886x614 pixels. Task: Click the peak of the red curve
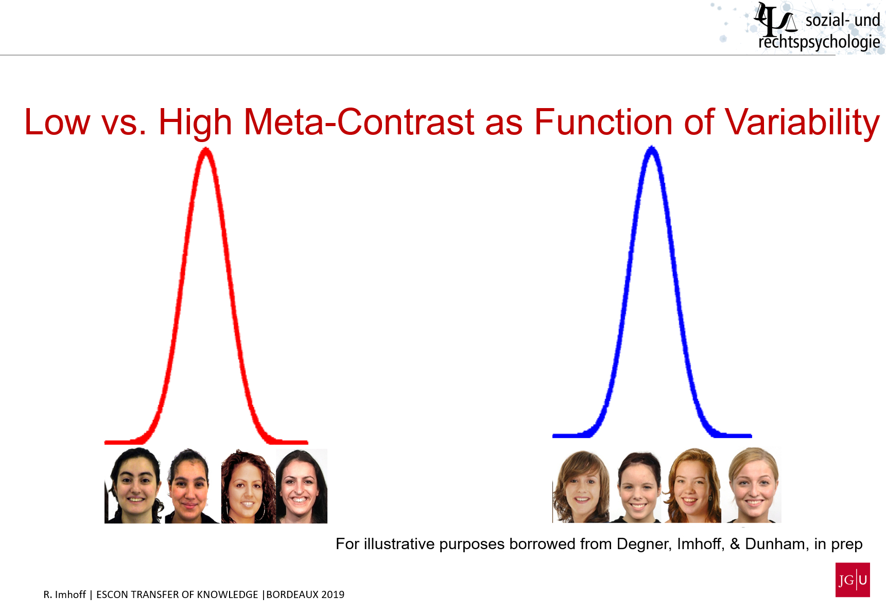[206, 150]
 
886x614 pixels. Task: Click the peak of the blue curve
[652, 149]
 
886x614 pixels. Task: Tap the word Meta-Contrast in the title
[359, 122]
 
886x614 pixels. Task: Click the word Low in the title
[57, 122]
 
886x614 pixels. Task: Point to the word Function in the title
[603, 122]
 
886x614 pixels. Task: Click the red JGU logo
[853, 580]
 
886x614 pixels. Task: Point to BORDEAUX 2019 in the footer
[305, 594]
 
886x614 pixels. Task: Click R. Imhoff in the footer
[64, 594]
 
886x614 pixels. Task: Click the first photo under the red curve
[134, 486]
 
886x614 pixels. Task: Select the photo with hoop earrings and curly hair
[247, 486]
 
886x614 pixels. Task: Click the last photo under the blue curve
[754, 485]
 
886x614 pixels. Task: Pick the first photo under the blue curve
[581, 486]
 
